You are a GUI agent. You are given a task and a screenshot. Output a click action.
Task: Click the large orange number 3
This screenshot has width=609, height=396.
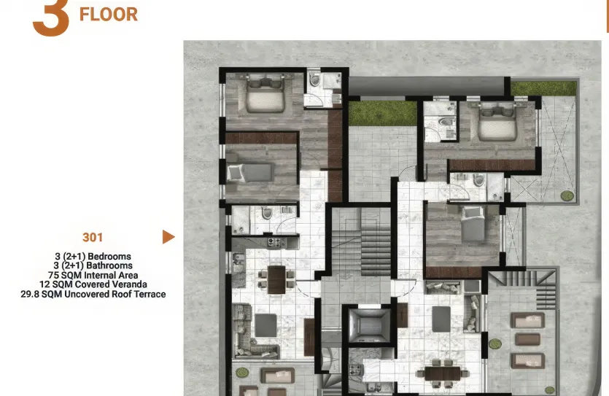pyautogui.click(x=51, y=18)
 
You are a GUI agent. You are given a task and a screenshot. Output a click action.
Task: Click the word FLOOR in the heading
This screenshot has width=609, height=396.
pyautogui.click(x=109, y=14)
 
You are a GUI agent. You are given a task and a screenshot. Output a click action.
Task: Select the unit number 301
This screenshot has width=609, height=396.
pyautogui.click(x=93, y=237)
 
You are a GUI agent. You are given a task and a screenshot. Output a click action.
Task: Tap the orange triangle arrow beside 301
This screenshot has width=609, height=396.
pyautogui.click(x=168, y=237)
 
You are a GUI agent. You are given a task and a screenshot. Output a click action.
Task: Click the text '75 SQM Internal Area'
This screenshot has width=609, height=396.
pyautogui.click(x=93, y=275)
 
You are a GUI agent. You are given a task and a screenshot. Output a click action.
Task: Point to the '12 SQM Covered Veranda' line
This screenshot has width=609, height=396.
pyautogui.click(x=93, y=284)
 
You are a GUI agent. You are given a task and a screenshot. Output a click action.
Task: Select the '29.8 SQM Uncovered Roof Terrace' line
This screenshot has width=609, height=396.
pyautogui.click(x=93, y=294)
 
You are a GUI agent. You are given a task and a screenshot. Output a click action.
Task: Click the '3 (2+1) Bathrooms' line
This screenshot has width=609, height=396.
pyautogui.click(x=93, y=265)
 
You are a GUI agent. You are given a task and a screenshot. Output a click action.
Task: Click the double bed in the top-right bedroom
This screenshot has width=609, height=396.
pyautogui.click(x=498, y=122)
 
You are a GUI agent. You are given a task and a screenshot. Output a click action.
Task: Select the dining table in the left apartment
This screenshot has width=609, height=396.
pyautogui.click(x=276, y=279)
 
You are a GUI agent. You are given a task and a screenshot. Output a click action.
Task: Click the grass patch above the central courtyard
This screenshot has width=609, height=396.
pyautogui.click(x=372, y=113)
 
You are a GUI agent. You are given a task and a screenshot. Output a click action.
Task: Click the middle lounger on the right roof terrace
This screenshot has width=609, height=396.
pyautogui.click(x=527, y=339)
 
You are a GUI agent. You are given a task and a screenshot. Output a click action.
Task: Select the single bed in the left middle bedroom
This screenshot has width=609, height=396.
pyautogui.click(x=249, y=172)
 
